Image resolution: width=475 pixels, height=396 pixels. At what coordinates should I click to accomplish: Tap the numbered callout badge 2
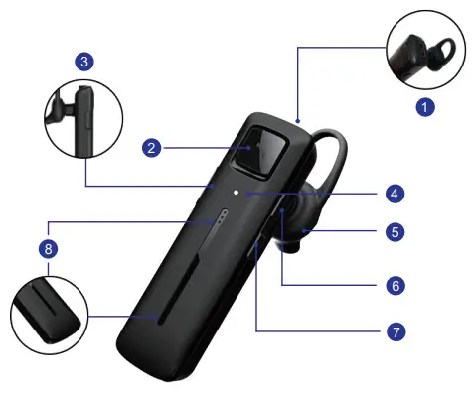point(152,149)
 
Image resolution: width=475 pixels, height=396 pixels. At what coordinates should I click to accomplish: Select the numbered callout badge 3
point(86,62)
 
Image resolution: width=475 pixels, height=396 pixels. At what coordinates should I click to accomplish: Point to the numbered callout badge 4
point(395,193)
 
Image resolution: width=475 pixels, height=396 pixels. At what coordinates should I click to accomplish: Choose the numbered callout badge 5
point(395,233)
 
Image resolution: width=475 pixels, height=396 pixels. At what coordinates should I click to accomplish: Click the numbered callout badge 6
point(395,285)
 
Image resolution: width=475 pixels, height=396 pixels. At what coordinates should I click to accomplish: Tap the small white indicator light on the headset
point(236,193)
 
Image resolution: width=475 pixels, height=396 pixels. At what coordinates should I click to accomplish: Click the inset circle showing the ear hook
point(425,50)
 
